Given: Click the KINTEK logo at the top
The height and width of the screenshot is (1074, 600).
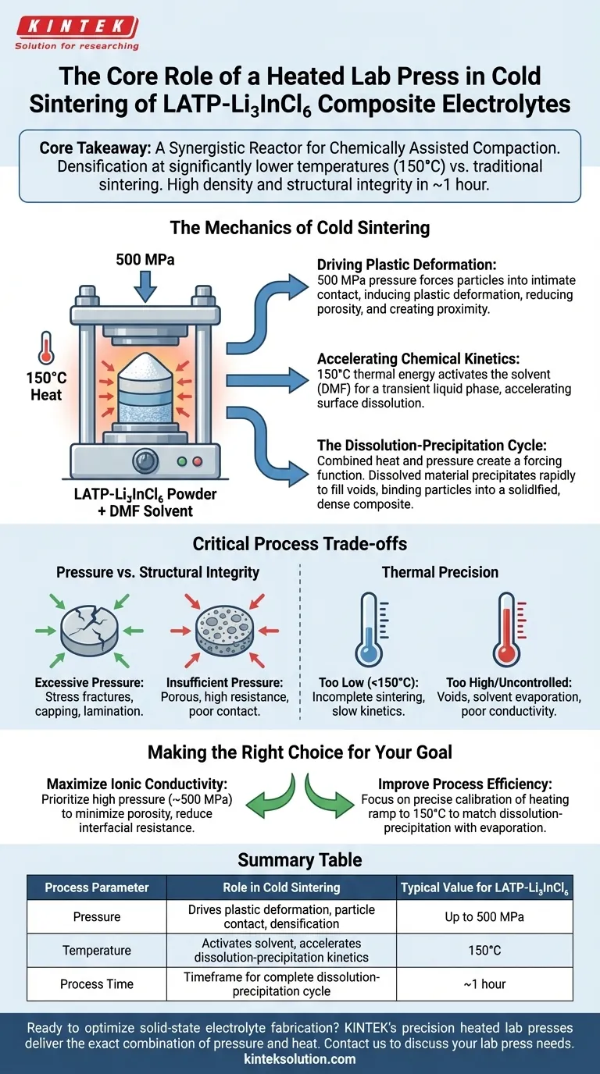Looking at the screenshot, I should [x=76, y=27].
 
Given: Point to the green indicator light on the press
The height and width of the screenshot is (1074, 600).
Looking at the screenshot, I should [x=182, y=460].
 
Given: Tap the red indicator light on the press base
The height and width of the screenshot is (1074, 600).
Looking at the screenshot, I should [x=197, y=460].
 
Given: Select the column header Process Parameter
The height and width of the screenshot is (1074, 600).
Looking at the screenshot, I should [x=96, y=887].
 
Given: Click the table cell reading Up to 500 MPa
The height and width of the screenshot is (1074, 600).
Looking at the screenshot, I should [x=484, y=916].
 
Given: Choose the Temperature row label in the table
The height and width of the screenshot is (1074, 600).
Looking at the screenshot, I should [x=96, y=951].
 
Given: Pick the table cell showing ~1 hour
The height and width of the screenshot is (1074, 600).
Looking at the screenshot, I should [x=484, y=984].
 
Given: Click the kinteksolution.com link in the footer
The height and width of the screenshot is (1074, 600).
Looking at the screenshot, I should [x=300, y=1058].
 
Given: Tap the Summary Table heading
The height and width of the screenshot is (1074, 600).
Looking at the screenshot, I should [x=300, y=860].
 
